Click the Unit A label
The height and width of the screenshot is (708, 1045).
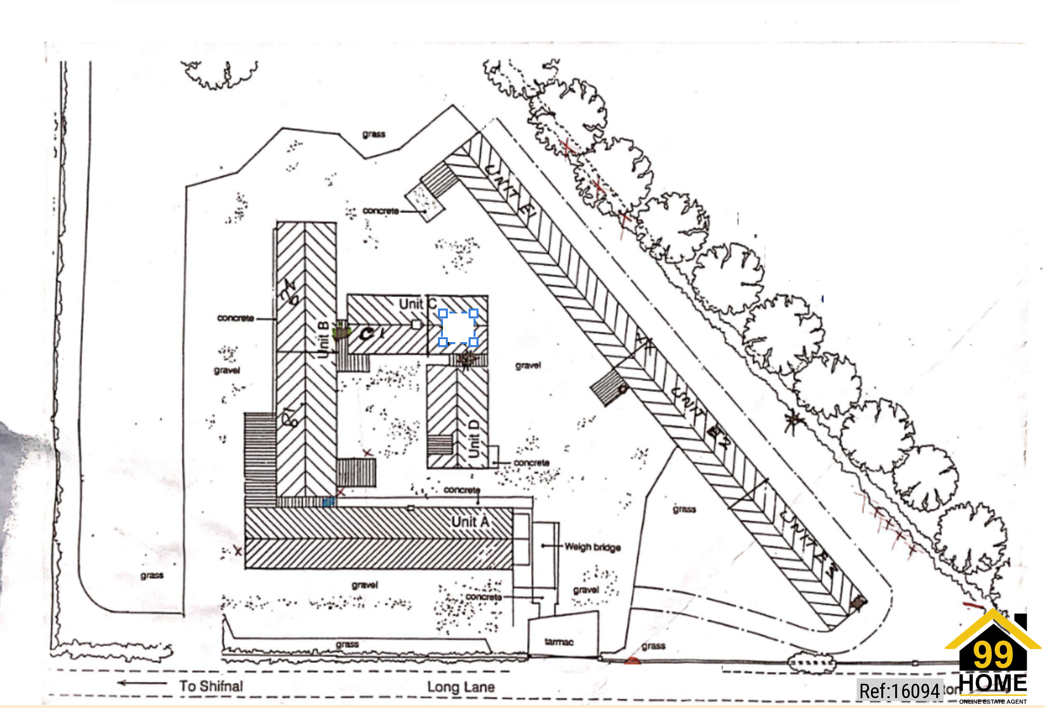(470, 522)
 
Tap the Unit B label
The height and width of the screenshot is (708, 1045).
(323, 339)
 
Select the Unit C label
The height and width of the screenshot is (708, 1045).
(418, 304)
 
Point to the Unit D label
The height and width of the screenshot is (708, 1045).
(474, 439)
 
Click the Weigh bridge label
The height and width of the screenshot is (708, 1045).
(592, 547)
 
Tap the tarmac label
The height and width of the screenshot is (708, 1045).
(559, 642)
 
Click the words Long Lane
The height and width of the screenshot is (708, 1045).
(461, 687)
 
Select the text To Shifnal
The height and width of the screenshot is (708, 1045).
(211, 686)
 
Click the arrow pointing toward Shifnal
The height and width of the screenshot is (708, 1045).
(142, 683)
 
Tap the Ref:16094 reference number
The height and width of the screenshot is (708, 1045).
(899, 691)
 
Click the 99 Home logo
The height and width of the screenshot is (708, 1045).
(993, 658)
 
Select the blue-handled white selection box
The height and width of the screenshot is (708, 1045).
(458, 327)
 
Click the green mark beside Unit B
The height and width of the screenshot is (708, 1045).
(341, 330)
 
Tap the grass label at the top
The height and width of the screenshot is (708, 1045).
(374, 134)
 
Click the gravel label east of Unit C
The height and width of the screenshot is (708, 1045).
(528, 365)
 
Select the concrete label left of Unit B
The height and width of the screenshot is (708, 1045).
(235, 318)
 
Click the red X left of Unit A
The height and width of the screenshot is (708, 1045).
(238, 551)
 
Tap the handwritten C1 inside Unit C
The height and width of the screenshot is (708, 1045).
(370, 334)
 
